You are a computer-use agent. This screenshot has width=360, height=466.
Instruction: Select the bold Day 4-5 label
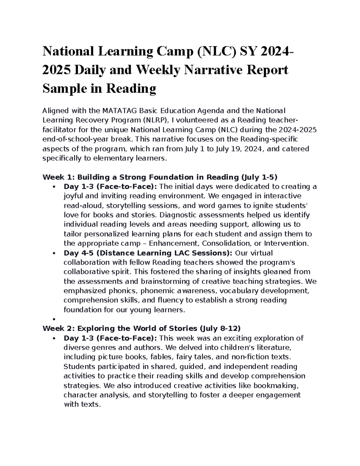[x=76, y=253]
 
